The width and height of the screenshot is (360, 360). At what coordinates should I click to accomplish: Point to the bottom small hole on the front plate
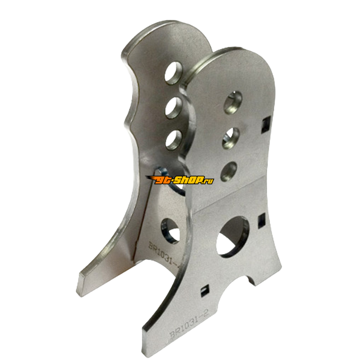[x=230, y=170]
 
